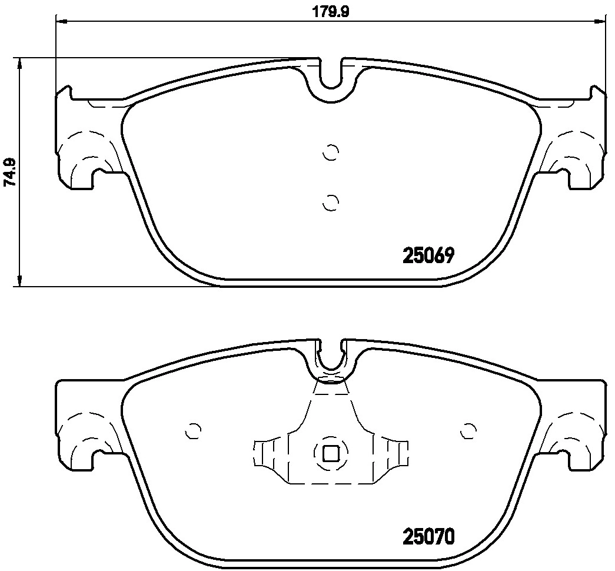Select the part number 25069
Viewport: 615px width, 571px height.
(x=428, y=256)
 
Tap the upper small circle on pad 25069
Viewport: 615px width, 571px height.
(x=331, y=152)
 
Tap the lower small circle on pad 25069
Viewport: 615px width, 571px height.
(x=331, y=202)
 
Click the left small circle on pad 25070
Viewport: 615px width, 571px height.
(x=192, y=431)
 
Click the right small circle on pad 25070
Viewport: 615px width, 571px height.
(x=468, y=431)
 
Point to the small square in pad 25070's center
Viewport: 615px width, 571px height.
(x=330, y=453)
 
